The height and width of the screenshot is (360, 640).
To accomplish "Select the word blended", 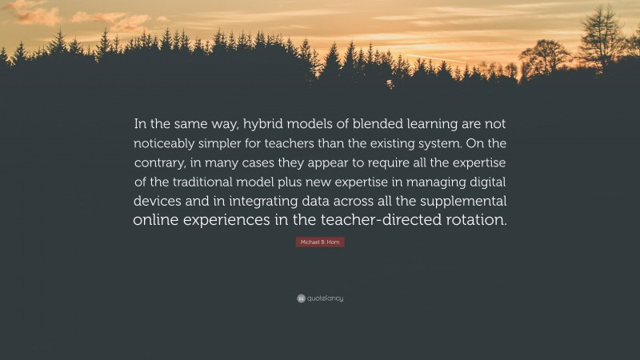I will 378,126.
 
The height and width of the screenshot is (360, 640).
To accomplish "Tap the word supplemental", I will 461,201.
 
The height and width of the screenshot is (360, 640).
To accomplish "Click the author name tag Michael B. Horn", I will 320,242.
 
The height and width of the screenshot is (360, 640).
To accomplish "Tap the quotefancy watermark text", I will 325,298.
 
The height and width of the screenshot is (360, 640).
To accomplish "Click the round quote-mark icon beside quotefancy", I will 300,298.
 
